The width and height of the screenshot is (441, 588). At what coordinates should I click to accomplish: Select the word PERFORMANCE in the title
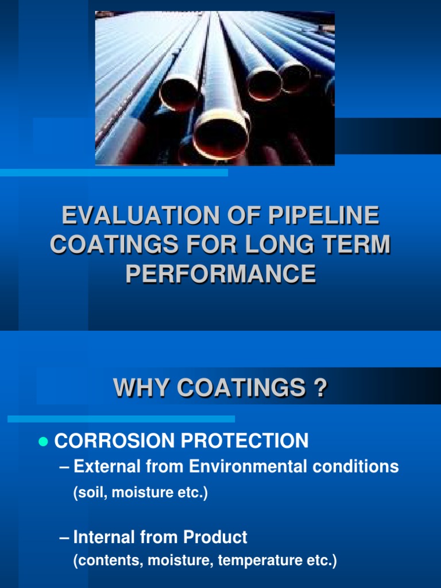point(220,274)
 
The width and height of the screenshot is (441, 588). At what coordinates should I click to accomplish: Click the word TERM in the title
point(355,245)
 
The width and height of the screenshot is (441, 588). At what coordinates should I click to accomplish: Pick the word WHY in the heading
point(141,388)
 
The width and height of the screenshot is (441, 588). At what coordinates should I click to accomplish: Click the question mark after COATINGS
point(321,388)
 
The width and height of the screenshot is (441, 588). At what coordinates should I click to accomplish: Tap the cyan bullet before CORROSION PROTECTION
point(41,442)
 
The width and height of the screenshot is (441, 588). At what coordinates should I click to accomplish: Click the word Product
point(215,537)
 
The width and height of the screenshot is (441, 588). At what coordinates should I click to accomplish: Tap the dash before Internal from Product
point(64,537)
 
